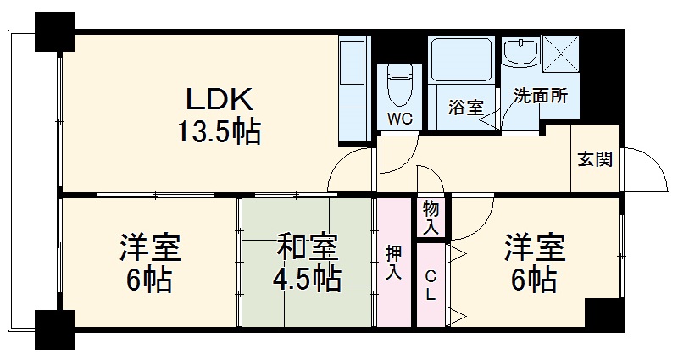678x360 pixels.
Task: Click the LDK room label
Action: tap(220, 101)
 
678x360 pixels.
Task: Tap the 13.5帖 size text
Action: tap(219, 133)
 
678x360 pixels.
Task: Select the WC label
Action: tap(400, 119)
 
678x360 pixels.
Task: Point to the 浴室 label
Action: tap(465, 108)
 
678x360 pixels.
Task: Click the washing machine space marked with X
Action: tap(559, 55)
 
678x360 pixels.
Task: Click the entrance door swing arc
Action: tap(644, 169)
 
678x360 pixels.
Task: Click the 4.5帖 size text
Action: tap(307, 278)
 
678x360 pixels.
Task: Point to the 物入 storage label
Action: tap(431, 217)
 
